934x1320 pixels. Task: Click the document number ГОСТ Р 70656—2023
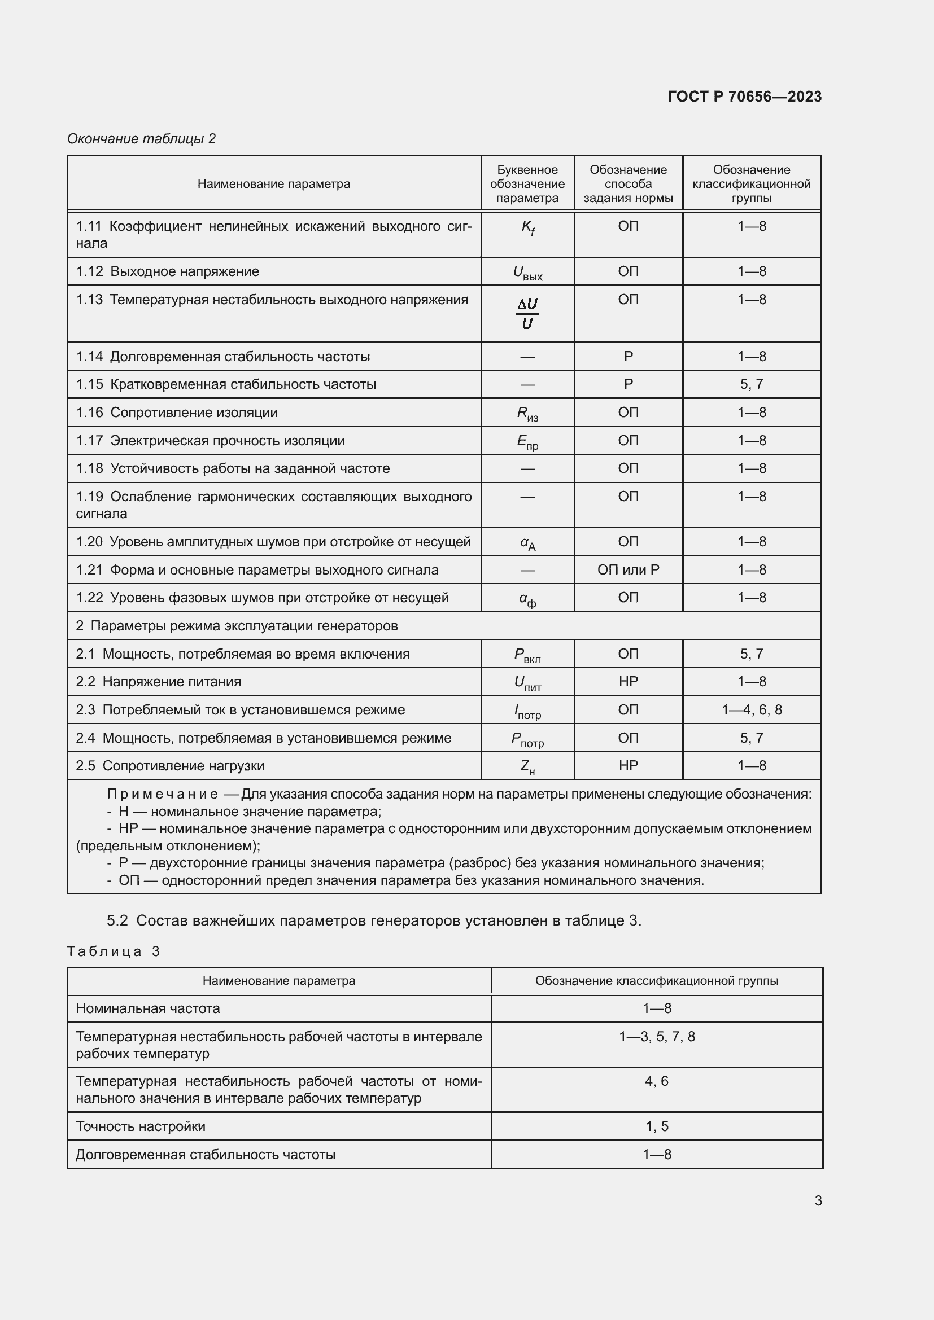(x=744, y=97)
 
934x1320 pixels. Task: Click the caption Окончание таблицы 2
(x=142, y=139)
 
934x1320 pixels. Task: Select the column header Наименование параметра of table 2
(x=274, y=184)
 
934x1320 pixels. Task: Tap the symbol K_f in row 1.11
(x=527, y=227)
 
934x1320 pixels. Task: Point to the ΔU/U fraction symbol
(x=527, y=313)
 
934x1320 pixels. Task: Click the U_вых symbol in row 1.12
(x=527, y=273)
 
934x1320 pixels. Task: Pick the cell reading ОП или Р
(x=628, y=570)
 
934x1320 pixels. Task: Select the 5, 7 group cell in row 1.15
(x=751, y=384)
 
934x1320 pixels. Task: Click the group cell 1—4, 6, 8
(x=751, y=709)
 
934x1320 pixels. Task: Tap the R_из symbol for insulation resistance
(x=527, y=413)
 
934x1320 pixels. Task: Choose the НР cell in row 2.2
(x=628, y=681)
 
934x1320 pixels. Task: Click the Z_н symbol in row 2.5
(x=527, y=766)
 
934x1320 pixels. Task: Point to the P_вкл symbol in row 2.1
(x=527, y=655)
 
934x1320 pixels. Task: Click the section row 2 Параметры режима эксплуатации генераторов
(x=237, y=625)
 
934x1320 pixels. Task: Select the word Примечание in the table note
(x=162, y=794)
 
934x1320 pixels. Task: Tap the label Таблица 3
(x=114, y=951)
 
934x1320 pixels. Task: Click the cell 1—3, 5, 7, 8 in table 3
(x=657, y=1037)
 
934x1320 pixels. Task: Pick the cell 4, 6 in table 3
(x=657, y=1081)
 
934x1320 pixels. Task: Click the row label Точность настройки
(x=141, y=1126)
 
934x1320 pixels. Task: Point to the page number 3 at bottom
(x=818, y=1200)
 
